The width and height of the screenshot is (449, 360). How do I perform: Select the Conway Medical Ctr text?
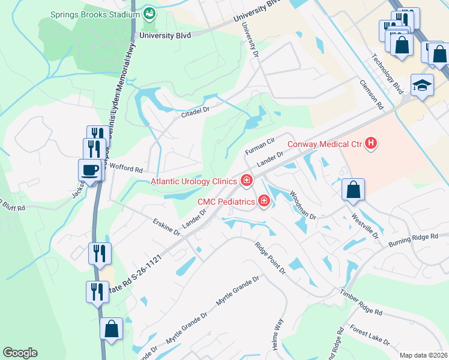coord(324,143)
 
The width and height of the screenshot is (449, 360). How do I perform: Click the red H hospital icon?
coord(372,143)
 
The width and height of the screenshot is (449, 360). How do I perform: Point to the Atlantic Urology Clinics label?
coord(194,181)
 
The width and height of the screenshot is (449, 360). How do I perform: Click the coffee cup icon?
coord(90,170)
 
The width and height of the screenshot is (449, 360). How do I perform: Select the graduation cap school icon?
coord(422,86)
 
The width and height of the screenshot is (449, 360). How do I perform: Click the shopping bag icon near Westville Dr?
coord(354,190)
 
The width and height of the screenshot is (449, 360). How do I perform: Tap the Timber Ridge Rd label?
coord(361,302)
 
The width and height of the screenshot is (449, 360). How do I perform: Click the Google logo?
coord(20,353)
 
